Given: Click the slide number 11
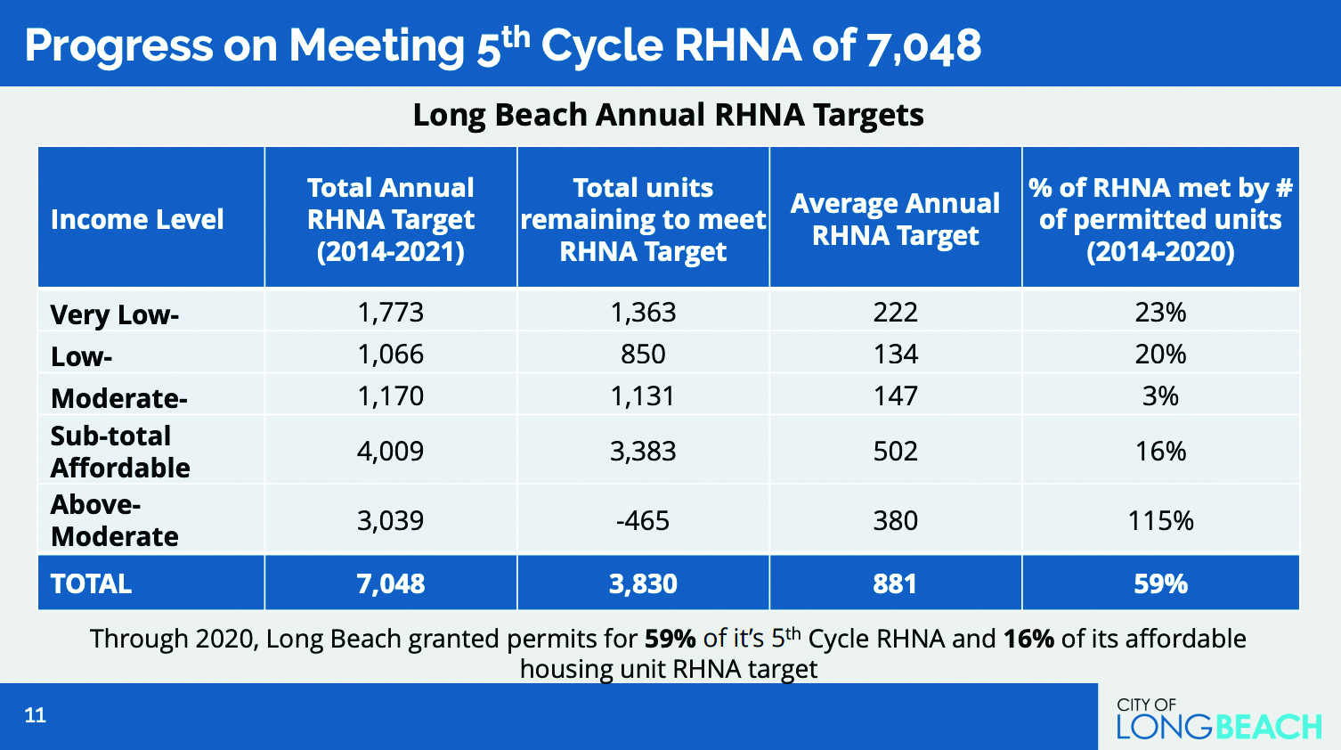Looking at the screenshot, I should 36,715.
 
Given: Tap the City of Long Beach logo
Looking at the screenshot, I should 1218,719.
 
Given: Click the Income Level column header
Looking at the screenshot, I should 137,219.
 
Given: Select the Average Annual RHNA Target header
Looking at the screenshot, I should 895,219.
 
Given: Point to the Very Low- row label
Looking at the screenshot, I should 115,314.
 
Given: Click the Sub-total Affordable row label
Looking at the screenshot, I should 120,452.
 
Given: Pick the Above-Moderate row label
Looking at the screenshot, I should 115,520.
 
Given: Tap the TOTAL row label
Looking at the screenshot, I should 92,583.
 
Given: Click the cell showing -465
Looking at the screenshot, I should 643,520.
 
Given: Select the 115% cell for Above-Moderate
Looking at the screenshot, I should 1160,520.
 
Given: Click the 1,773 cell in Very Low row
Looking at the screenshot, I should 390,313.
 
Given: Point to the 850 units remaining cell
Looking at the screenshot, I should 643,355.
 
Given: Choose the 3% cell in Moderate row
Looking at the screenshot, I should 1160,396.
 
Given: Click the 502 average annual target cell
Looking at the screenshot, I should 895,452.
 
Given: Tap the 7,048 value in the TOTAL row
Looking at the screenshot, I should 390,583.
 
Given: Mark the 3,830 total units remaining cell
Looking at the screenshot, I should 643,583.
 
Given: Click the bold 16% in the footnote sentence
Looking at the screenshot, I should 1028,639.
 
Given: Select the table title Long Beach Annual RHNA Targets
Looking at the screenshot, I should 669,115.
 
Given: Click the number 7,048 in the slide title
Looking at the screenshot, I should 923,45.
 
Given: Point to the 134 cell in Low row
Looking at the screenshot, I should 895,355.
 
